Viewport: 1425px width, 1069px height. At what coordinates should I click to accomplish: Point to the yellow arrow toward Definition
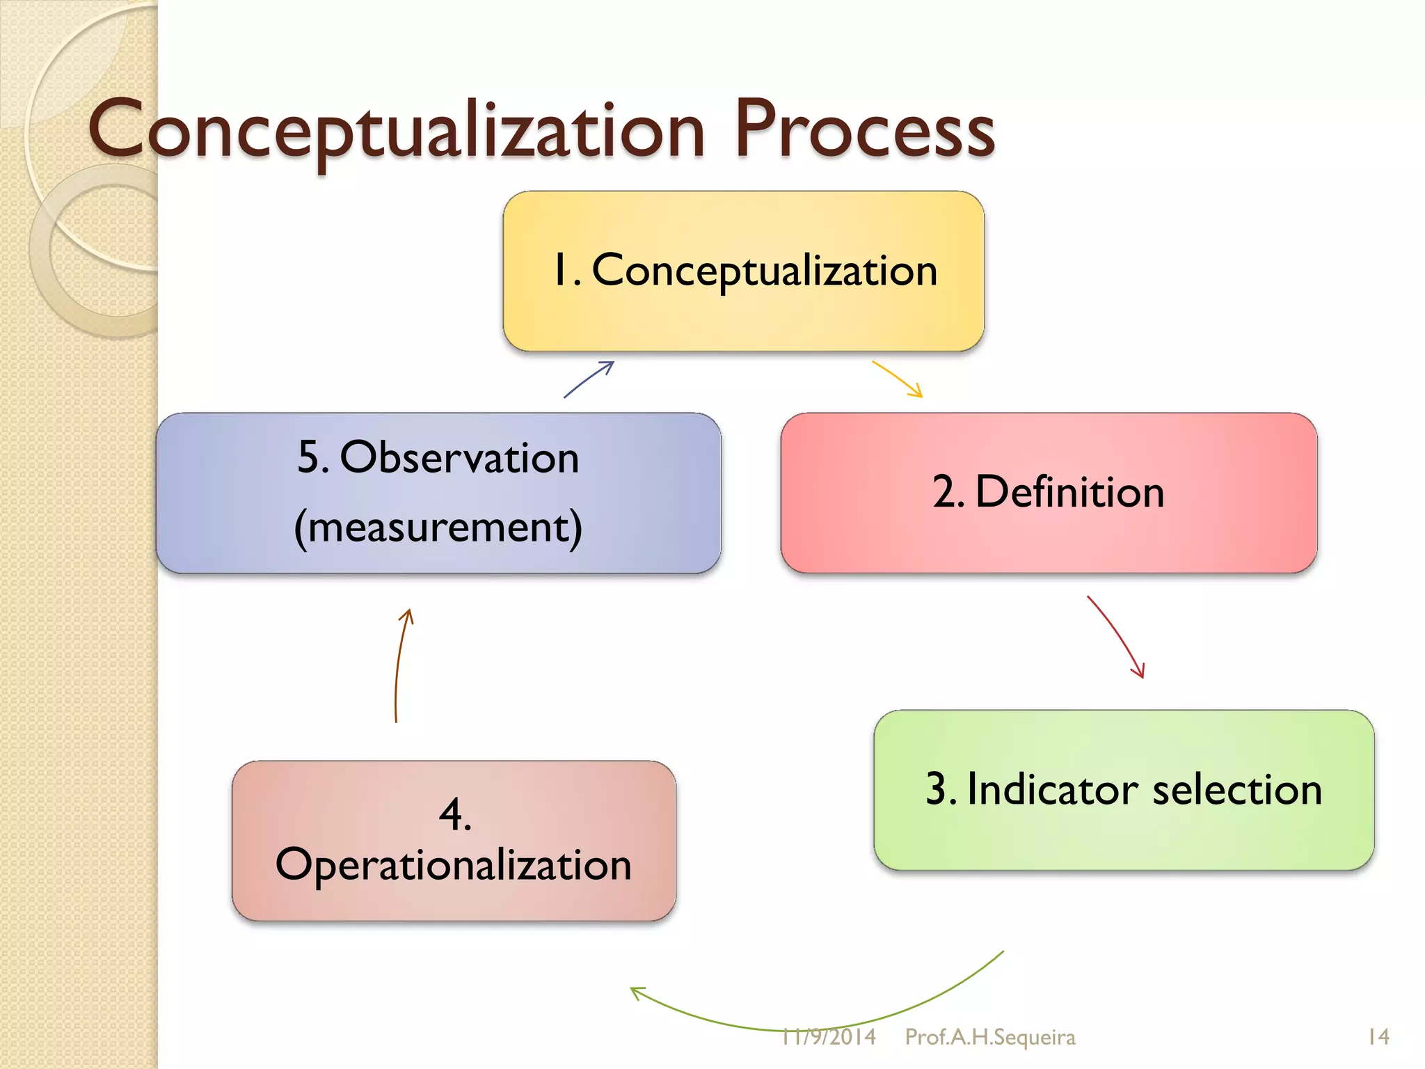click(x=898, y=379)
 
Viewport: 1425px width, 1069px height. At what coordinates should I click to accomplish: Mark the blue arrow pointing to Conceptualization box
click(x=589, y=379)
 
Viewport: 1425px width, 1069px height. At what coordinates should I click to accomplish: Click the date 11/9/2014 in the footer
click(x=828, y=1037)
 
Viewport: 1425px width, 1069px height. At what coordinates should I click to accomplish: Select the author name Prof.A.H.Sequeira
click(x=989, y=1037)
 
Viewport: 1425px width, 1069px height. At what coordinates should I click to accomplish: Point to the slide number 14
click(x=1378, y=1037)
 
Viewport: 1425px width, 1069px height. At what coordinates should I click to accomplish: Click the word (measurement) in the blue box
click(x=438, y=528)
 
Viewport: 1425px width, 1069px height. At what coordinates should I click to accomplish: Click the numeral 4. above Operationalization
click(x=455, y=814)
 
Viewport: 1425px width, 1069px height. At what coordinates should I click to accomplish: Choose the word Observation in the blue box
click(x=459, y=458)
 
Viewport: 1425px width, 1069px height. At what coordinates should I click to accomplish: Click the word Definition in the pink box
click(x=1069, y=492)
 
